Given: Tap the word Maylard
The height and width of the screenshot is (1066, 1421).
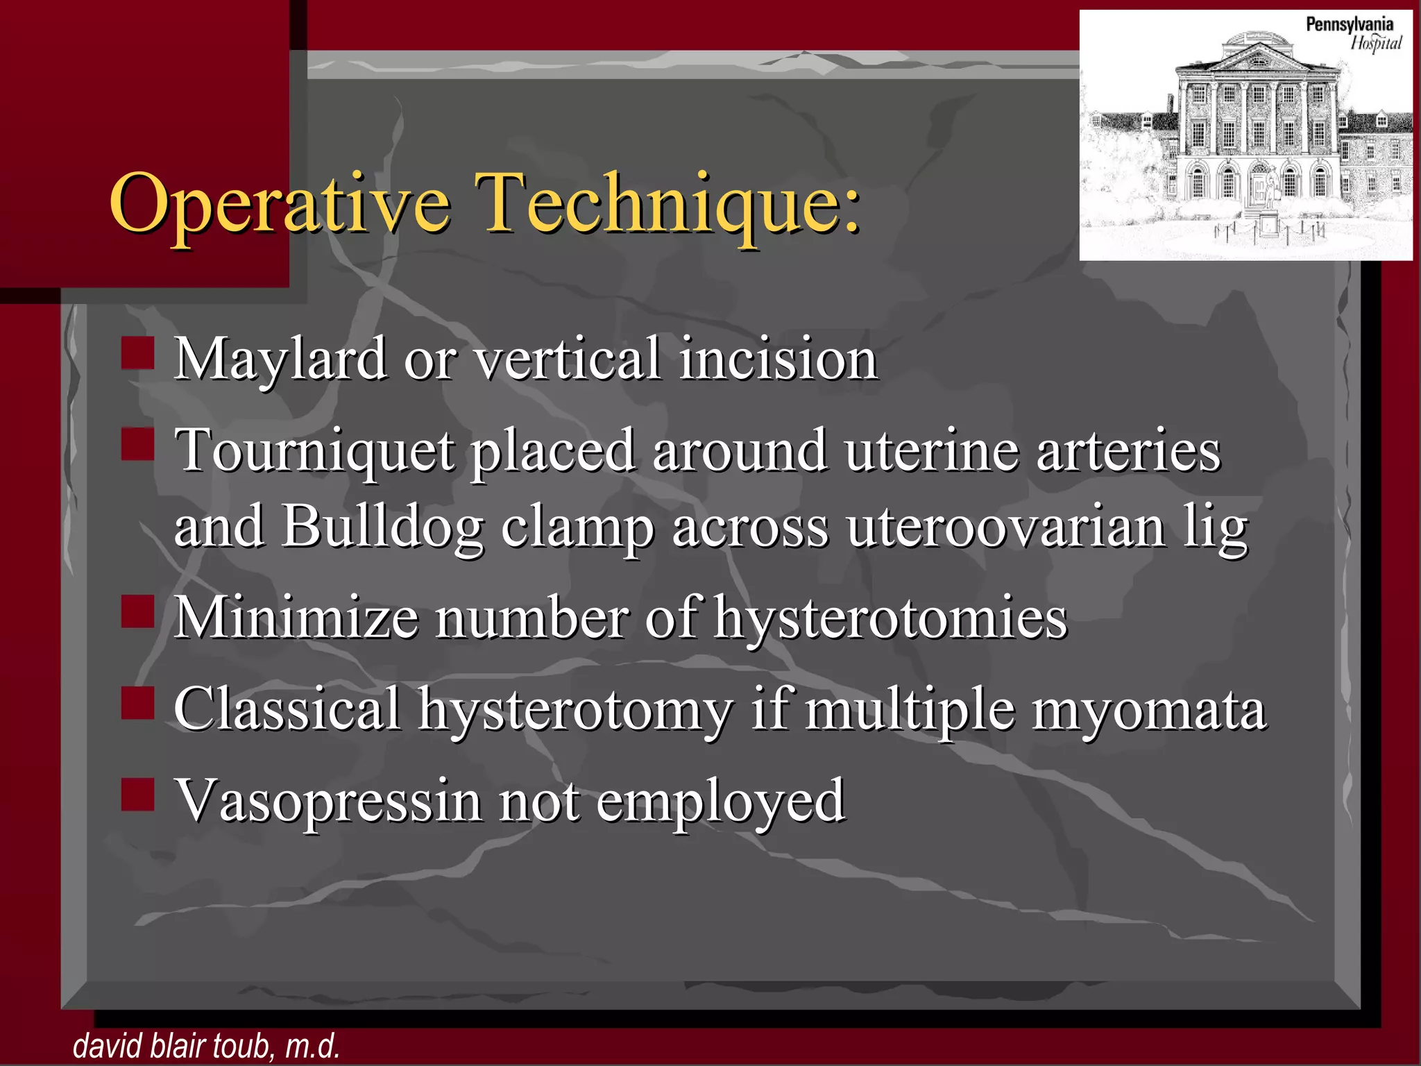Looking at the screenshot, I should click(280, 360).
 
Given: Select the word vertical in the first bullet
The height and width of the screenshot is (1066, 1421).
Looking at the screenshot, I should click(566, 359).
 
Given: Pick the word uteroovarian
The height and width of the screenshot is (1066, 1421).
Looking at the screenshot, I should click(1006, 526).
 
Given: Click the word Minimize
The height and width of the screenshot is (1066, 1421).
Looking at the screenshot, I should click(296, 617).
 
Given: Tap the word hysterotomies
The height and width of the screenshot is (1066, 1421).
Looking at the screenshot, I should click(890, 618).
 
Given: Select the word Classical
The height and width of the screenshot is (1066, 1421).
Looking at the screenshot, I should click(287, 709).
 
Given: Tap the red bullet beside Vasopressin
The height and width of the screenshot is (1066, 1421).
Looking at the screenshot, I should click(137, 795).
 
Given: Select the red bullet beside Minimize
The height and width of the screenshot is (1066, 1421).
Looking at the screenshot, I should click(137, 611).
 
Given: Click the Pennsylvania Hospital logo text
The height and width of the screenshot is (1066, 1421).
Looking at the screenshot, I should click(1353, 33).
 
